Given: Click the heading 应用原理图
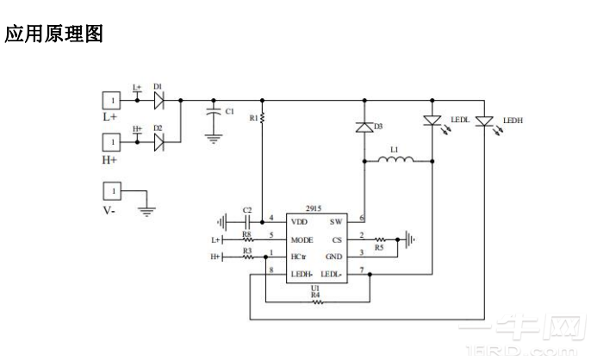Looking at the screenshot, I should coord(54,34).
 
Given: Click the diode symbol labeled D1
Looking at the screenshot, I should coord(159,100).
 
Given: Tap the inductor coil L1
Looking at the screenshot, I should coord(395,159).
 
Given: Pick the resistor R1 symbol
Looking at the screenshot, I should coord(263,116).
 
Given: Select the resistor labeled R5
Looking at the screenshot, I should coord(379,240).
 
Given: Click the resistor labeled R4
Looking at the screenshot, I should coord(315,301).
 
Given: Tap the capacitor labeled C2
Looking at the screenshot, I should coord(246,220).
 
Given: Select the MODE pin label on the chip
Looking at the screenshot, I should coord(302,239).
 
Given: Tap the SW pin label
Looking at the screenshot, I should coord(336,221).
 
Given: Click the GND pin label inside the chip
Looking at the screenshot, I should coord(334,257).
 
